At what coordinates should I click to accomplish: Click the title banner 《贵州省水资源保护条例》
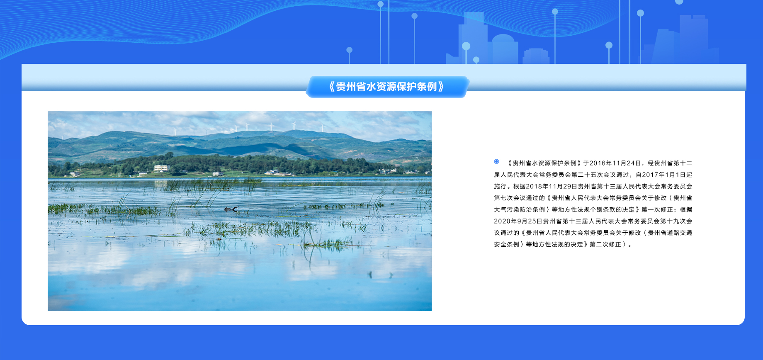(387, 87)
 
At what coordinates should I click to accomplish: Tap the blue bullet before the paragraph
(496, 162)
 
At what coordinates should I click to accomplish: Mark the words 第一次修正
(657, 210)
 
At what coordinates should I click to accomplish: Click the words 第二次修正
(605, 245)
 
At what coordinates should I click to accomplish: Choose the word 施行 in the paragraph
(500, 187)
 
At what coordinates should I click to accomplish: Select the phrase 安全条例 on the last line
(506, 245)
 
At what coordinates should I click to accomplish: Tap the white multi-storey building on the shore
(161, 168)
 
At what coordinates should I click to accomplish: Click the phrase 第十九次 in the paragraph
(673, 221)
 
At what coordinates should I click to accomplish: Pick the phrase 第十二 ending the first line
(683, 163)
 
